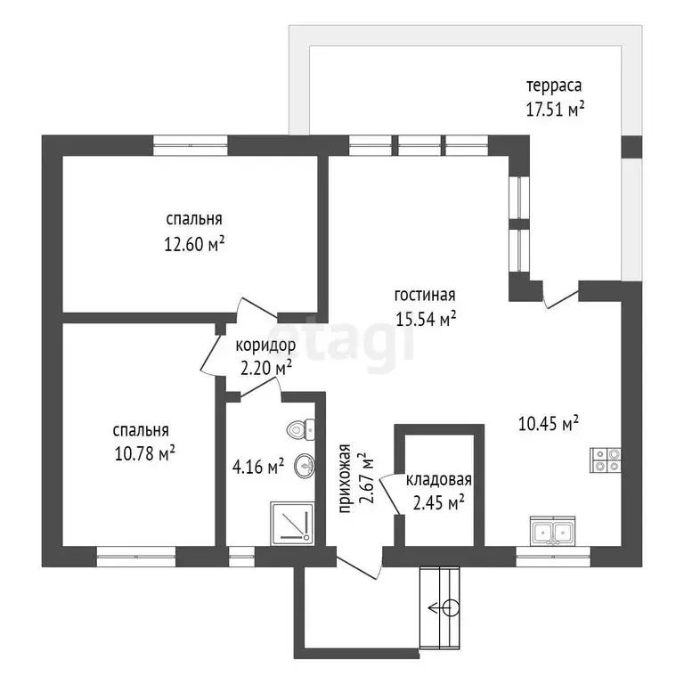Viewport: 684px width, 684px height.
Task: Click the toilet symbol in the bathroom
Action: coord(301,429)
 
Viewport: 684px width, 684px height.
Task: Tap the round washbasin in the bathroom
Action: coord(305,466)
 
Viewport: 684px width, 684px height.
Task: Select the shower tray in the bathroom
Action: coord(292,524)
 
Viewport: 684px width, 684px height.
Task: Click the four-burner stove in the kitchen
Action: coord(606,460)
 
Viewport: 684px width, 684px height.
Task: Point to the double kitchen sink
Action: coord(553,531)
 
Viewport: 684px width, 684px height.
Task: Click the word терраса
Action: coord(554,85)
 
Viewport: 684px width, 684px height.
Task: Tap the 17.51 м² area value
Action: coord(555,109)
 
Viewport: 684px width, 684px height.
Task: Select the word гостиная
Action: coord(425,296)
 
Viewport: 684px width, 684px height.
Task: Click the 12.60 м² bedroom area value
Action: coord(194,243)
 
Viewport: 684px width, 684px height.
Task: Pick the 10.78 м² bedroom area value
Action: coord(145,453)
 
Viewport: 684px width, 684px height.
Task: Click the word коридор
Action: coord(265,346)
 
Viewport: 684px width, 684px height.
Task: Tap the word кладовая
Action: coord(439,480)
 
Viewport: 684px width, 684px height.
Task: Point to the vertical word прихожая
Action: coord(345,478)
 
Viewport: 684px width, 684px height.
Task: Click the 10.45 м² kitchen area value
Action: coord(549,423)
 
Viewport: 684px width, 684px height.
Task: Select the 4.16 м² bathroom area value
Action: coord(258,468)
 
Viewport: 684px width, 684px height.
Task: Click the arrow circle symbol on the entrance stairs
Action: coord(444,607)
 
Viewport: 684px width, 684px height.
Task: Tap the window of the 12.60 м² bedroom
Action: coord(191,145)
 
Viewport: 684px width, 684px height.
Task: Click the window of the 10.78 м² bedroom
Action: coord(136,557)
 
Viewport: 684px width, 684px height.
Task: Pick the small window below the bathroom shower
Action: coord(241,557)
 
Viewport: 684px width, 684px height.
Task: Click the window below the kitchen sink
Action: coord(553,557)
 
